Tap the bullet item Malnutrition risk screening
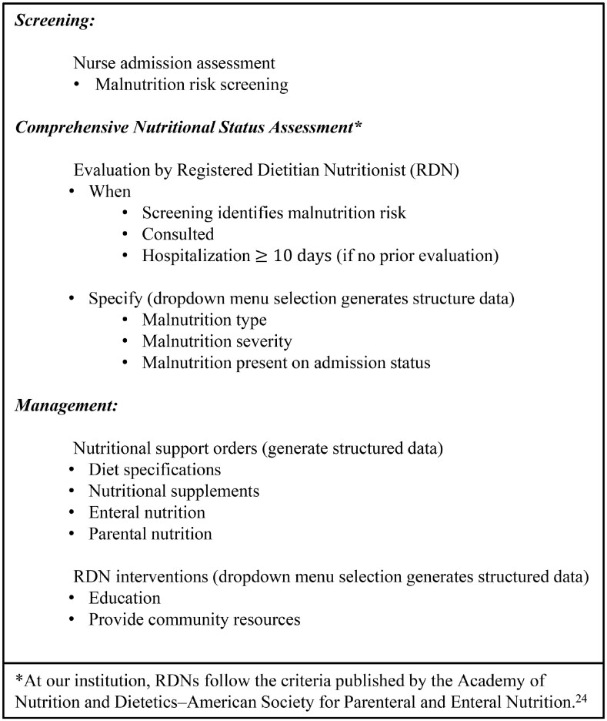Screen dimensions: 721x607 pyautogui.click(x=192, y=85)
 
